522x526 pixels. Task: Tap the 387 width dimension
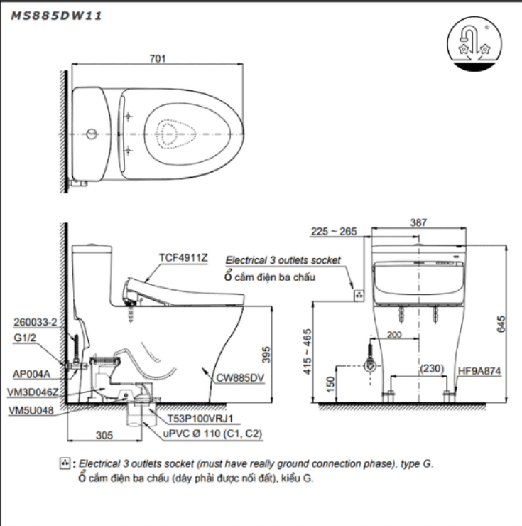pyautogui.click(x=418, y=222)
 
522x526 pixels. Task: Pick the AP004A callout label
pyautogui.click(x=31, y=372)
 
